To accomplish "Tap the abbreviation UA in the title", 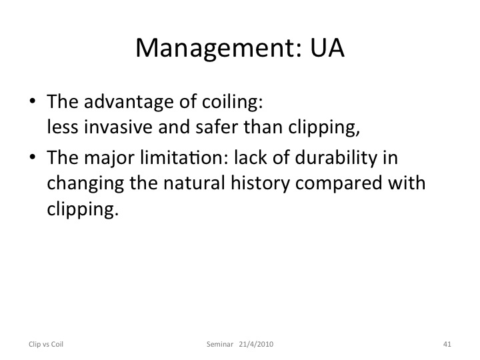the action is click(327, 47).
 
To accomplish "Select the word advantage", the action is click(129, 102).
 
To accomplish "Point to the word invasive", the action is click(118, 127).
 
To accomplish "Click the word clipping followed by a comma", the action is click(323, 127).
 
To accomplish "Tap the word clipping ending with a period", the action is click(83, 209).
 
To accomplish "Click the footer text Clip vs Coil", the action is click(46, 344).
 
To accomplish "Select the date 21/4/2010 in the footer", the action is click(256, 344).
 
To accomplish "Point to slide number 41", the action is click(447, 344).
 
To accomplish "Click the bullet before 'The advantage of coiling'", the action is click(33, 101).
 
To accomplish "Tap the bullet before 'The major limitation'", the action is click(33, 157).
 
